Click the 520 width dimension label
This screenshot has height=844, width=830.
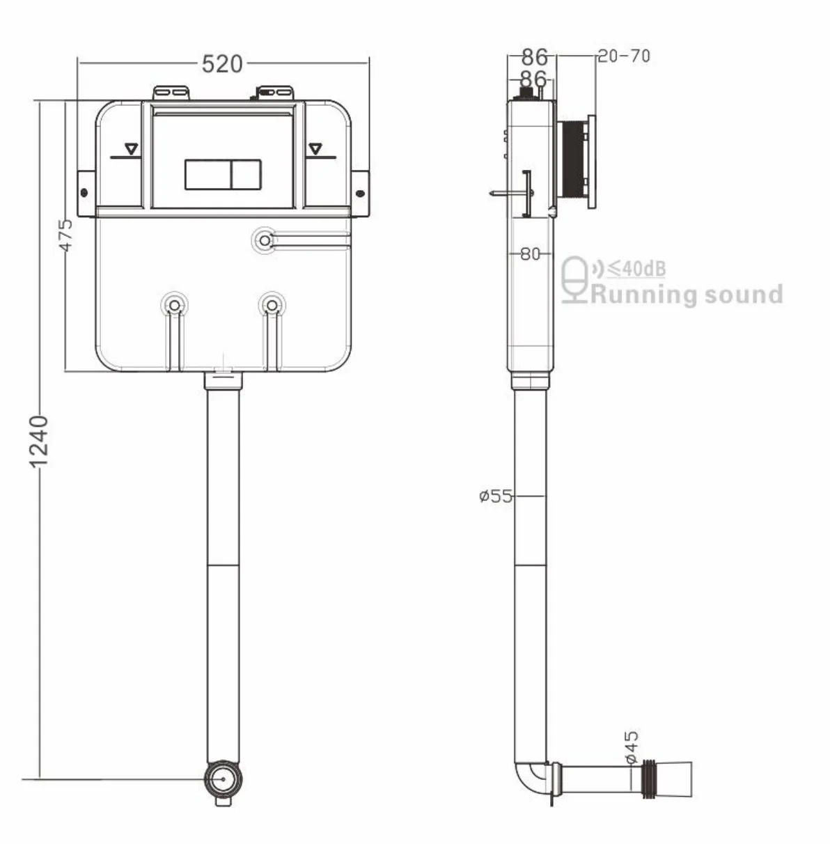tap(222, 63)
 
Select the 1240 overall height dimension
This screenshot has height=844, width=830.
tap(39, 441)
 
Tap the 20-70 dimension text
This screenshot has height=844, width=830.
tap(624, 56)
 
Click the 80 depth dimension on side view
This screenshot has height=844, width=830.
tap(530, 254)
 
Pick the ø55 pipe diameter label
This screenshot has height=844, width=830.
tap(495, 496)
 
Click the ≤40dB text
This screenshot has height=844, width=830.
tap(636, 267)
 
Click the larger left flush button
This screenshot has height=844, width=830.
tap(207, 174)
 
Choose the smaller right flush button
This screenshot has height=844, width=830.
tap(245, 174)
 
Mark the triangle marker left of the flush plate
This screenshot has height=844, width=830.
tap(130, 149)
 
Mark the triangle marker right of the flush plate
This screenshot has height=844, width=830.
tap(317, 149)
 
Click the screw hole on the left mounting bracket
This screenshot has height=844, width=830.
tap(84, 193)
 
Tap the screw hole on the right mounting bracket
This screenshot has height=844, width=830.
tap(360, 193)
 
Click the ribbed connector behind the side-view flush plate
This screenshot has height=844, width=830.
tap(572, 160)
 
